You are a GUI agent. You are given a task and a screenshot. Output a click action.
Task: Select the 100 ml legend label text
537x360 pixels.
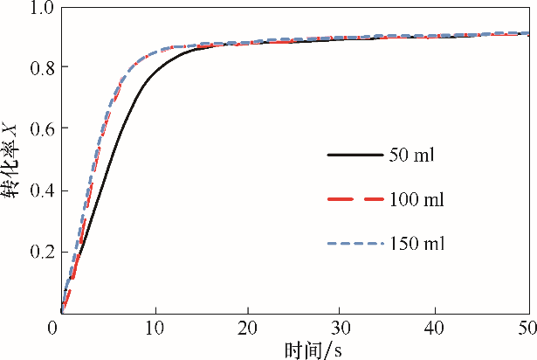pos(417,200)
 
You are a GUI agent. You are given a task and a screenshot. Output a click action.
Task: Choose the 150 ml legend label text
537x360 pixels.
pos(417,244)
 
